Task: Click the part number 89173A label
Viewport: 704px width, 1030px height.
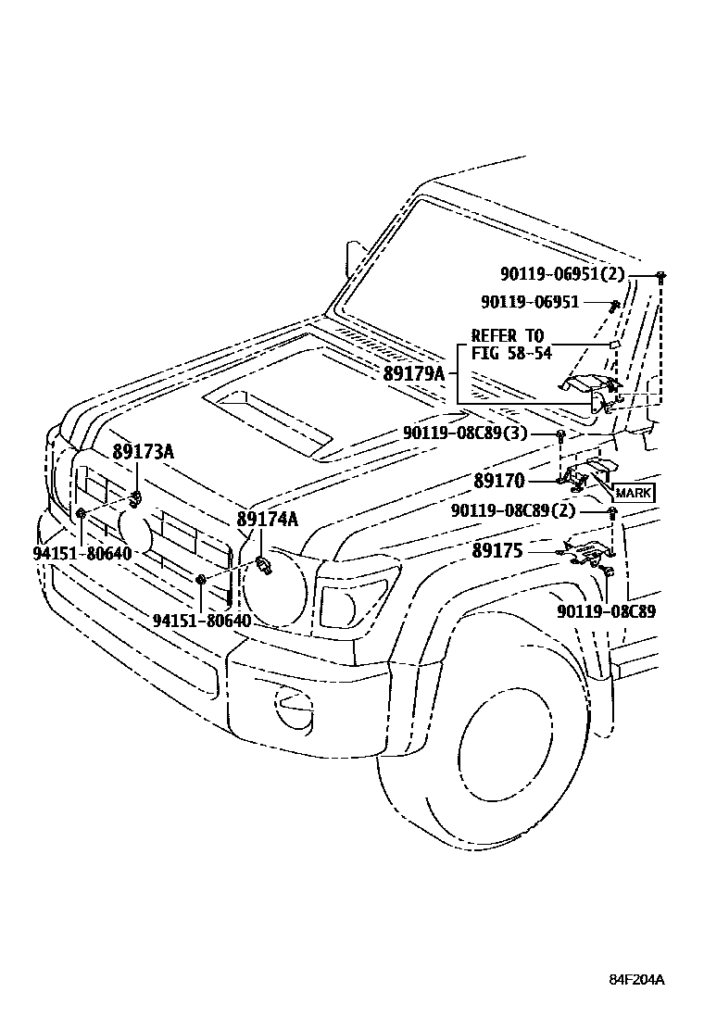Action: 144,452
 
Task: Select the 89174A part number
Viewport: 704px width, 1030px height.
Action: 267,519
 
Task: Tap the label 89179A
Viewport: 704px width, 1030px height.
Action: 414,373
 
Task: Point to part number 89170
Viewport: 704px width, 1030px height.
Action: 499,481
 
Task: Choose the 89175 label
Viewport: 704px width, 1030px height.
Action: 497,550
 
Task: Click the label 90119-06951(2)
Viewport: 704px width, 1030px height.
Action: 562,274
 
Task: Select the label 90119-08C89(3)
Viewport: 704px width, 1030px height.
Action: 478,433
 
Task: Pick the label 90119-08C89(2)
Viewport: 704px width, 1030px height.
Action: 526,510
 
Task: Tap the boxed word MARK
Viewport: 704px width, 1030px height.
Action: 633,493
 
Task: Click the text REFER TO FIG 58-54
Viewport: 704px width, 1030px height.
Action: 508,344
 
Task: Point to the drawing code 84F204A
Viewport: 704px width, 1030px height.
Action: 637,980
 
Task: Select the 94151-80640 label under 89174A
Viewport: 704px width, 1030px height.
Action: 202,620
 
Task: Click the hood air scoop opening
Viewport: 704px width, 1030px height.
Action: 269,417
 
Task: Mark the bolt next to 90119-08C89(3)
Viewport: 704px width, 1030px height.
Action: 561,433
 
